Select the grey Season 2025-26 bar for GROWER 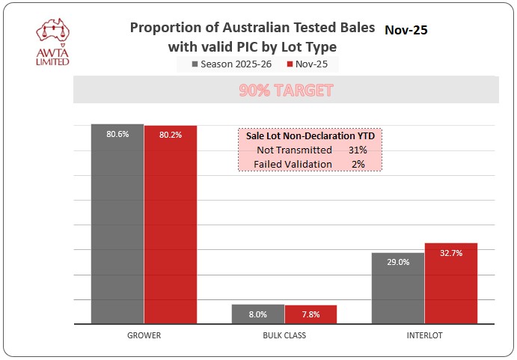[117, 225]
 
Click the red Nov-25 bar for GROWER [171, 225]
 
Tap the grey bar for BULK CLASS [258, 314]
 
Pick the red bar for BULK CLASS [310, 314]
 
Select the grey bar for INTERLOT [398, 288]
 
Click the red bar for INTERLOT [451, 284]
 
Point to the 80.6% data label [117, 134]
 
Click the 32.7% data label [451, 253]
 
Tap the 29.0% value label [398, 263]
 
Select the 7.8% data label [310, 314]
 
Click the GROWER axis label [144, 335]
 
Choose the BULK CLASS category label [284, 335]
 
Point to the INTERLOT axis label [424, 335]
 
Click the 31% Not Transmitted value [358, 150]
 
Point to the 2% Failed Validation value [358, 164]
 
